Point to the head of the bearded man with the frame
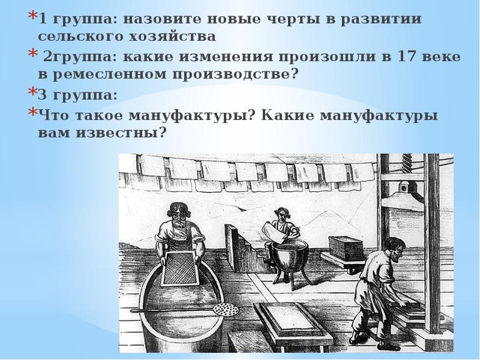(179, 215)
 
